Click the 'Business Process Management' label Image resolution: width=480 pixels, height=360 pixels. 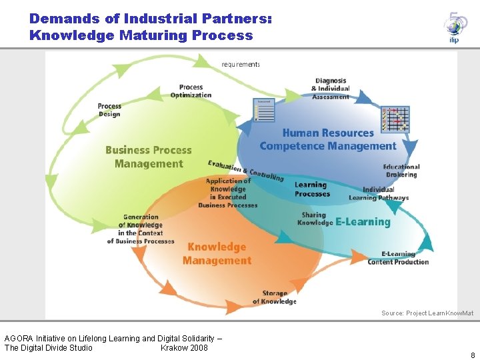(x=148, y=157)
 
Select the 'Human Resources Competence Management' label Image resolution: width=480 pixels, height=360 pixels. (x=327, y=139)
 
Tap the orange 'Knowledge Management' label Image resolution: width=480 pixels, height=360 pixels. (x=217, y=253)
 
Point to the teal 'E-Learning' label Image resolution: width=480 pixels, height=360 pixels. (x=363, y=221)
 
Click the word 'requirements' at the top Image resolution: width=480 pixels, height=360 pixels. (x=241, y=65)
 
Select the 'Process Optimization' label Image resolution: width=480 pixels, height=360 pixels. (x=191, y=91)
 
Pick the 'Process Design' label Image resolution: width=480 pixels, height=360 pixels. (x=109, y=110)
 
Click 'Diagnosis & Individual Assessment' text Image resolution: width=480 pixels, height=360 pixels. (x=331, y=89)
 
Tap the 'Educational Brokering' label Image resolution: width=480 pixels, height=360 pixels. (x=401, y=171)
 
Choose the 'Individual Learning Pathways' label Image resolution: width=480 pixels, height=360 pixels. (x=379, y=193)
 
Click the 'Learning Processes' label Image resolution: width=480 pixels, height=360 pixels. (x=312, y=189)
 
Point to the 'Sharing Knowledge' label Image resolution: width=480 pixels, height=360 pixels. (x=314, y=219)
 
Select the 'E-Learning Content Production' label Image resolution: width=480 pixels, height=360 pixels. (x=398, y=258)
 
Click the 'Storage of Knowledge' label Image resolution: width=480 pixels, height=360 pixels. (x=274, y=297)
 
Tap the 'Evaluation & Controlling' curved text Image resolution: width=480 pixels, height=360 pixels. (x=245, y=171)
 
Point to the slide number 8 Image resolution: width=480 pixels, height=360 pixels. (x=473, y=355)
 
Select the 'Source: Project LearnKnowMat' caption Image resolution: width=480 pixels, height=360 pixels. (x=427, y=313)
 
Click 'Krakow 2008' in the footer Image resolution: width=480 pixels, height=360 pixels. (x=184, y=347)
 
